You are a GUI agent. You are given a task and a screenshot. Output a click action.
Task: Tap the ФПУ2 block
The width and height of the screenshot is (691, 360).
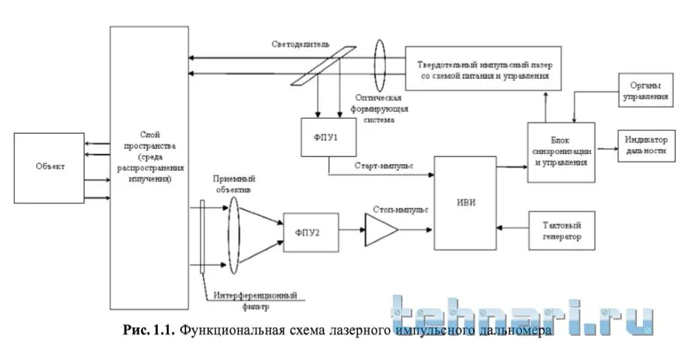[x=310, y=231]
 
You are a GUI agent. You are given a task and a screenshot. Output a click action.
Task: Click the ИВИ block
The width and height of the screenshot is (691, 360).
[x=465, y=202]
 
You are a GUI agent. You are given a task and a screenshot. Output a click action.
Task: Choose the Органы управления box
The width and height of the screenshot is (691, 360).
[x=642, y=92]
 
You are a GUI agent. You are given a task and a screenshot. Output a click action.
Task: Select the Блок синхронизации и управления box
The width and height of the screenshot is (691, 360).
[x=560, y=152]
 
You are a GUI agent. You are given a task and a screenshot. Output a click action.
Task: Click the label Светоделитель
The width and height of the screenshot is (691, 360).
[x=300, y=44]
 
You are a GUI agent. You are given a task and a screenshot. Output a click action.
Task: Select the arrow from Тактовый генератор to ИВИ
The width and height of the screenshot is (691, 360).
[x=514, y=228]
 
